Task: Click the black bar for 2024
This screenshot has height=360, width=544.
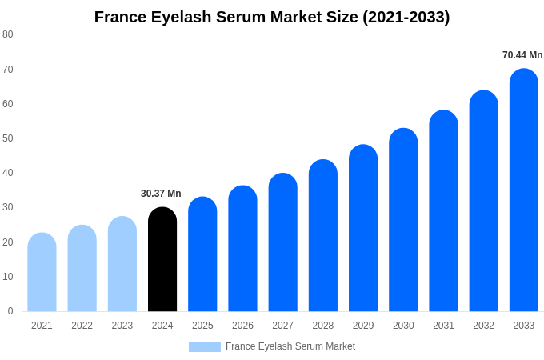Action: click(162, 260)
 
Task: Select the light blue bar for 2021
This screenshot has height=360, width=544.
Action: click(42, 273)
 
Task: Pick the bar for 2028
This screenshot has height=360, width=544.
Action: click(323, 236)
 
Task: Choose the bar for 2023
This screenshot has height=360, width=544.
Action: click(122, 265)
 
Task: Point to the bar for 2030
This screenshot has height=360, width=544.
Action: click(403, 220)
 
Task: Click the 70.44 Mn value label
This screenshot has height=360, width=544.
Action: click(522, 55)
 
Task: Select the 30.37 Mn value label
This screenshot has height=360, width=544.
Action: click(161, 194)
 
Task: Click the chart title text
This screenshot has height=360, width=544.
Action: click(272, 17)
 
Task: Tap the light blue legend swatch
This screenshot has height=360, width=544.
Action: click(204, 347)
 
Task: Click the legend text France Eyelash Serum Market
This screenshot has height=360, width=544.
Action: click(290, 346)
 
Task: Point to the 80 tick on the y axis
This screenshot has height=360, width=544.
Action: click(8, 34)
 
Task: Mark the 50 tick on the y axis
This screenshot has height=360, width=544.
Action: click(8, 138)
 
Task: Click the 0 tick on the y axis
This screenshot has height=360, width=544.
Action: click(10, 311)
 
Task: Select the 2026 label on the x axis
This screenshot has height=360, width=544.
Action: click(242, 326)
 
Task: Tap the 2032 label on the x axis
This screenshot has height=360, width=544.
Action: click(483, 326)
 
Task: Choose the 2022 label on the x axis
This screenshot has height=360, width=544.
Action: click(82, 326)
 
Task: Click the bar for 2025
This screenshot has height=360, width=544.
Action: click(202, 254)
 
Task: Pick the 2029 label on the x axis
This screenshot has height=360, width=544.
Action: click(363, 326)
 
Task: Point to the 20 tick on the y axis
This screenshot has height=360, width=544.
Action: click(8, 242)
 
